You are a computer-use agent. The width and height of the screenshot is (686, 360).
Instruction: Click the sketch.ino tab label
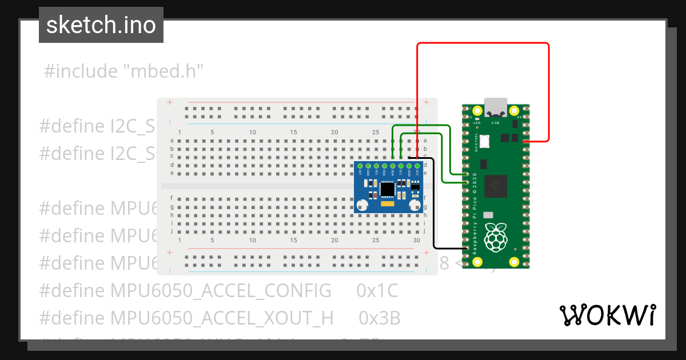[101, 25]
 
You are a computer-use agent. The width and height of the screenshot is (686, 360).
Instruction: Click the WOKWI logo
[607, 315]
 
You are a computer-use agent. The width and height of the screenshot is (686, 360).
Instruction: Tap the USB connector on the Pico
[496, 107]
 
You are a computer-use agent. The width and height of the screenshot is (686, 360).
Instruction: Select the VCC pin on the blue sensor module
[417, 165]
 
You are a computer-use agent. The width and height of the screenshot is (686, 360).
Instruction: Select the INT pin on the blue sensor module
[360, 165]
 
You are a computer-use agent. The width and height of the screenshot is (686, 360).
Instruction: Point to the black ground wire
[434, 206]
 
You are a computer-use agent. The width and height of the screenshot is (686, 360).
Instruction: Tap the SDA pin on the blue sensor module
[393, 165]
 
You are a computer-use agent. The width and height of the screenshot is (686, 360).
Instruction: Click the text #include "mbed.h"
[123, 71]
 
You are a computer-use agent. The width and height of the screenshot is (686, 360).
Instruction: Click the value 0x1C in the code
[377, 291]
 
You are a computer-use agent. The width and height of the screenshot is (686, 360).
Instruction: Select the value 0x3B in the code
[380, 318]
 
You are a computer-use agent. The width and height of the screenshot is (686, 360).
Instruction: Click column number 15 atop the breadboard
[293, 133]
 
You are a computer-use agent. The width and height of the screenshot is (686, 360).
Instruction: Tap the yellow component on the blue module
[388, 203]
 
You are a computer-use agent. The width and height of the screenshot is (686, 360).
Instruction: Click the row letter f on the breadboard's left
[172, 198]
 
